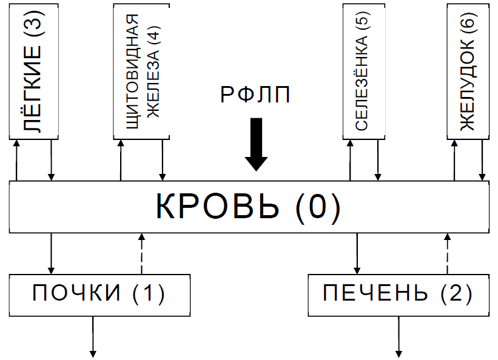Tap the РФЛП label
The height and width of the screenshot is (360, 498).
(256, 95)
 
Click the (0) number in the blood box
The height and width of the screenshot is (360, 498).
(318, 207)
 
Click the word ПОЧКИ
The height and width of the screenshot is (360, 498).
(76, 294)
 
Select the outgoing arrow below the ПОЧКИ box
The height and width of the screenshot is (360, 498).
(93, 336)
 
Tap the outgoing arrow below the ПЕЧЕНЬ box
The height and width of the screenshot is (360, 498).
(399, 336)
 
